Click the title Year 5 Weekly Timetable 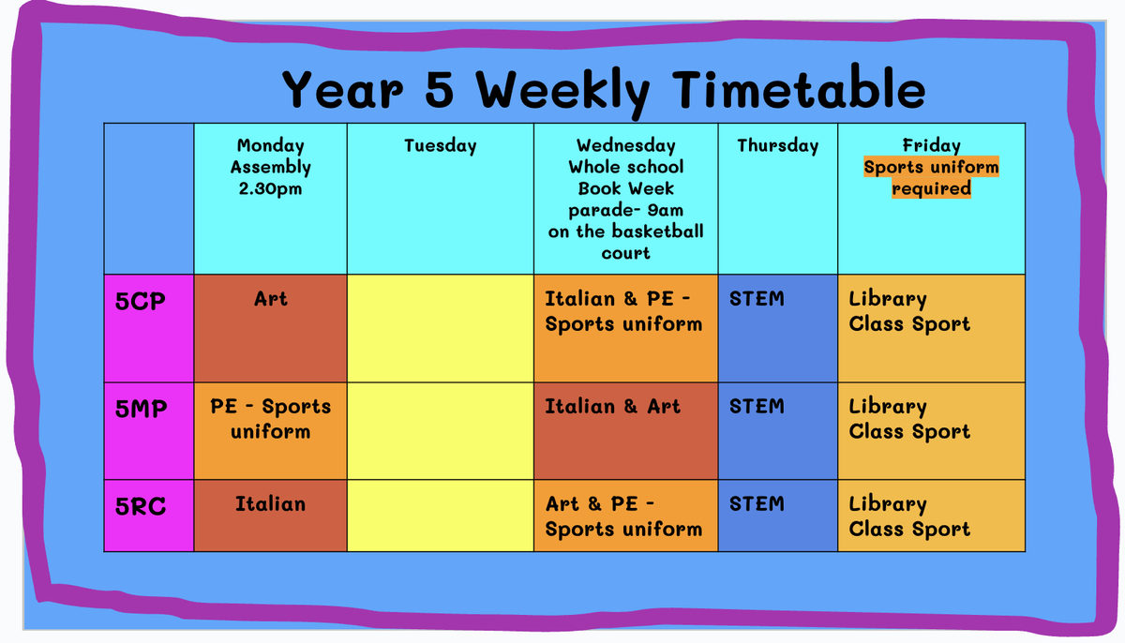click(604, 90)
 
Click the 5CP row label click(140, 301)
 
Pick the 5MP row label click(142, 409)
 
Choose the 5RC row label click(140, 506)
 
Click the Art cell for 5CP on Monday click(271, 328)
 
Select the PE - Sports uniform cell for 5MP click(271, 431)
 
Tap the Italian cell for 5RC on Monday click(271, 516)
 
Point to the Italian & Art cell click(626, 431)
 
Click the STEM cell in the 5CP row click(778, 328)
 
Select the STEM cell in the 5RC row click(778, 516)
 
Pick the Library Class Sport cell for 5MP click(932, 431)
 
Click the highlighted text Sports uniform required click(931, 178)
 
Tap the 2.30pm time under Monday click(270, 189)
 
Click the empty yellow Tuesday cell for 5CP click(441, 328)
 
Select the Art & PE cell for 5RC click(626, 516)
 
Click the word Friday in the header click(931, 146)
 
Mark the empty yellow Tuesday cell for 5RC click(441, 516)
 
